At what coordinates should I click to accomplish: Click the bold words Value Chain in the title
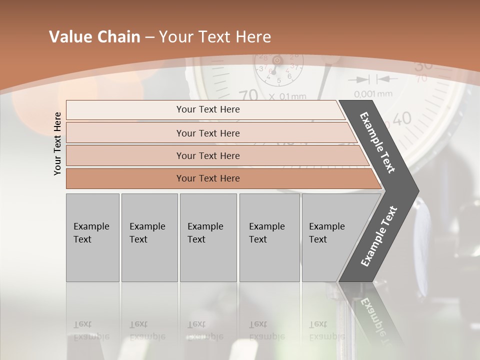click(x=94, y=37)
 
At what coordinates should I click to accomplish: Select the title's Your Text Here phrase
click(x=215, y=37)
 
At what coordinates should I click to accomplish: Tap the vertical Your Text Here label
click(x=57, y=143)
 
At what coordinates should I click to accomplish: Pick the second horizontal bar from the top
click(x=208, y=133)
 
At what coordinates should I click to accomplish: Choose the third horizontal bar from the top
click(x=208, y=155)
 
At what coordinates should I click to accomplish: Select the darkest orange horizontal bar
click(x=208, y=178)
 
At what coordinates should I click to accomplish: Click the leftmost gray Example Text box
click(x=92, y=237)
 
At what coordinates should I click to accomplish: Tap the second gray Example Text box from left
click(x=149, y=237)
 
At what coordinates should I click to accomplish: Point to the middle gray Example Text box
click(x=208, y=237)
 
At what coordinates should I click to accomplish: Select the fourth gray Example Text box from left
click(x=269, y=237)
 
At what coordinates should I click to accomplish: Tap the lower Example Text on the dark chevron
click(x=379, y=236)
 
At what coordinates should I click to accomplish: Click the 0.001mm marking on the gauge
click(x=373, y=94)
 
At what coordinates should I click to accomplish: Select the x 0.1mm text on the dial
click(x=287, y=96)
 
